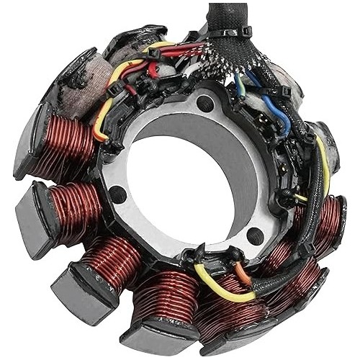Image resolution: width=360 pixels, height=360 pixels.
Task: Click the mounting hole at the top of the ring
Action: click(206, 104)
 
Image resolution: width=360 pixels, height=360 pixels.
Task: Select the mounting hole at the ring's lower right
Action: click(253, 235)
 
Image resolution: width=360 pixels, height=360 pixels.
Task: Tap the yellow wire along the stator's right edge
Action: click(324, 166)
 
